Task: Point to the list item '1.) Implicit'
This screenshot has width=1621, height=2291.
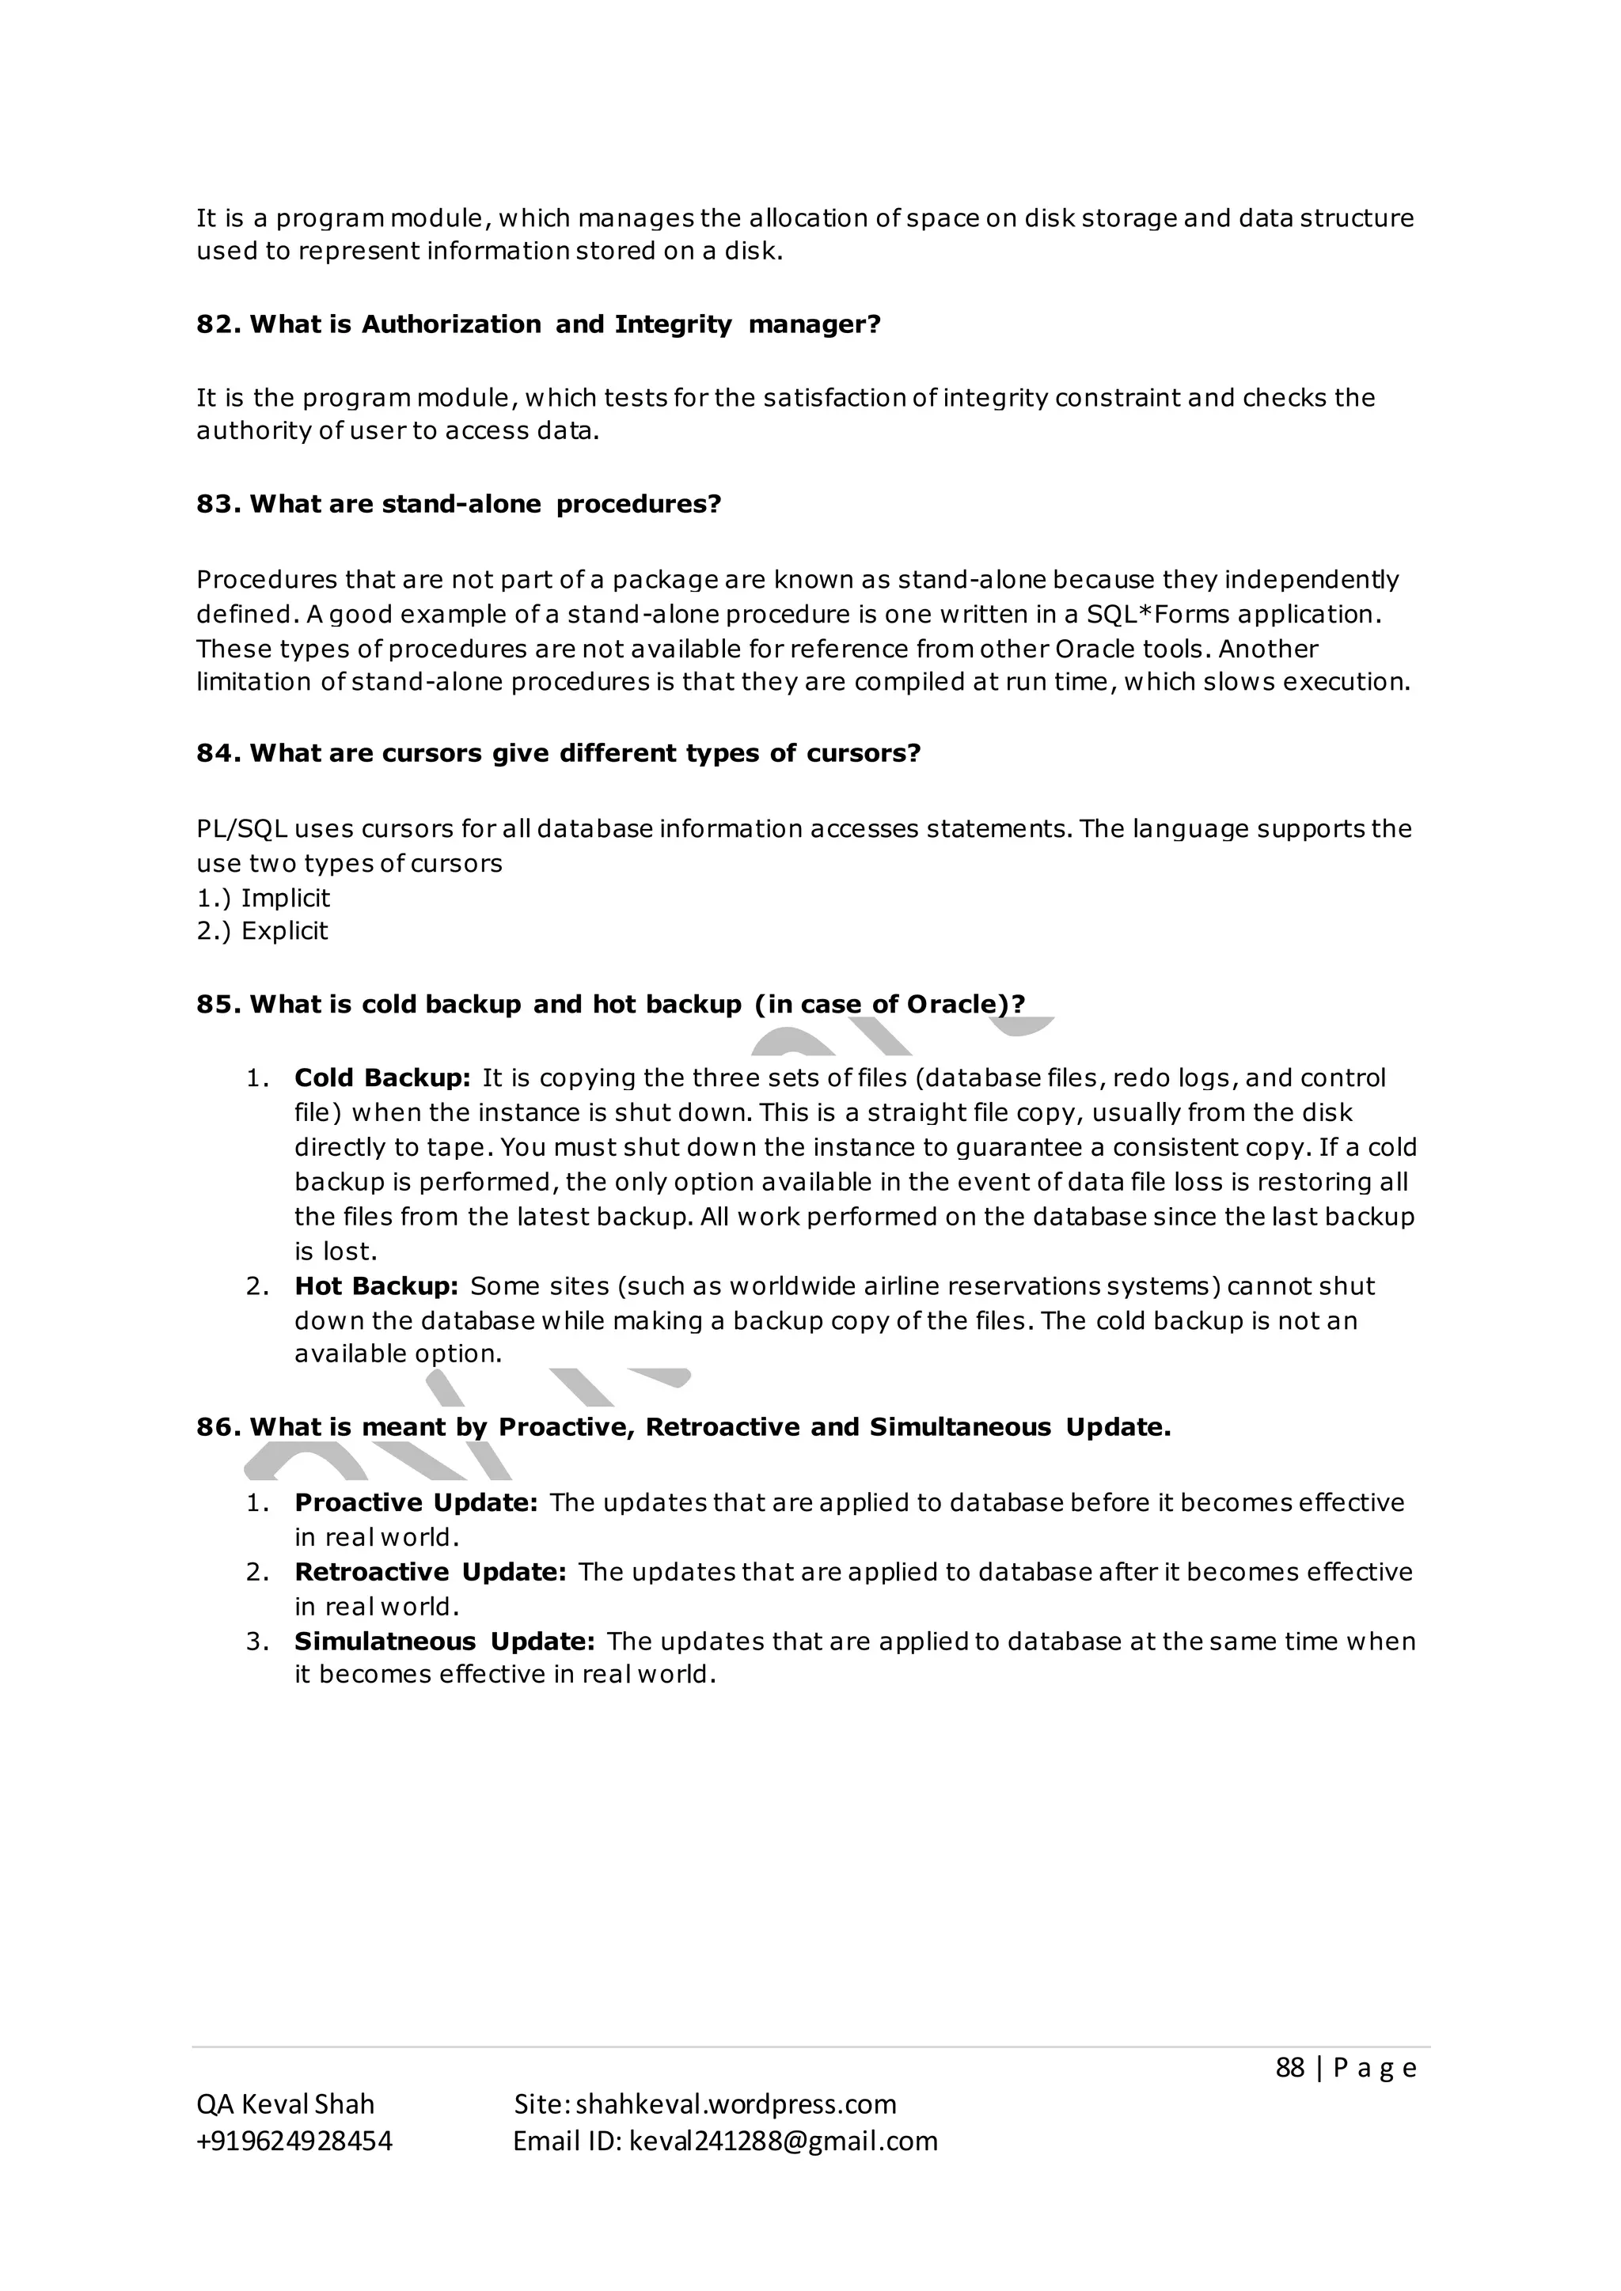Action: (x=264, y=897)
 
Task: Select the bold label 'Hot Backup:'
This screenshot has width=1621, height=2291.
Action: (x=376, y=1286)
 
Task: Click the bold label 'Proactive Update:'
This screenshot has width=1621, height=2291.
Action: (x=416, y=1503)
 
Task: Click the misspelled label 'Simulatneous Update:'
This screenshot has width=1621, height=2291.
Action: (x=444, y=1642)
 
